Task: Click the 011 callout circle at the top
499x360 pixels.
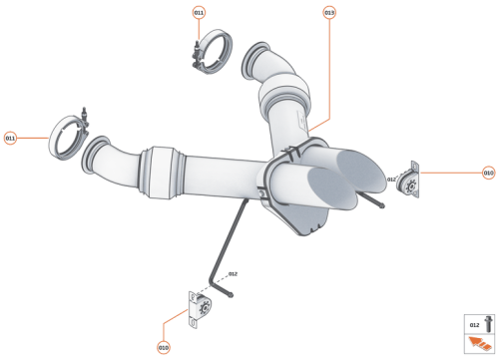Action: pyautogui.click(x=199, y=13)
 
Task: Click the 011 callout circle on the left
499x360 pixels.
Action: pyautogui.click(x=11, y=138)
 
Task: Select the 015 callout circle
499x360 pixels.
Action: pyautogui.click(x=329, y=13)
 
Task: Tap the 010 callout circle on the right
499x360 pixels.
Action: pyautogui.click(x=488, y=173)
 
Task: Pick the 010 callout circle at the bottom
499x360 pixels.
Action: pyautogui.click(x=163, y=347)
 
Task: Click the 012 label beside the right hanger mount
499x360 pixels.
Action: pyautogui.click(x=393, y=180)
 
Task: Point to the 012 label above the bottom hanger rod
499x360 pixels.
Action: pyautogui.click(x=232, y=272)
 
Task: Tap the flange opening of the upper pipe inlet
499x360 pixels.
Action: pyautogui.click(x=254, y=61)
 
